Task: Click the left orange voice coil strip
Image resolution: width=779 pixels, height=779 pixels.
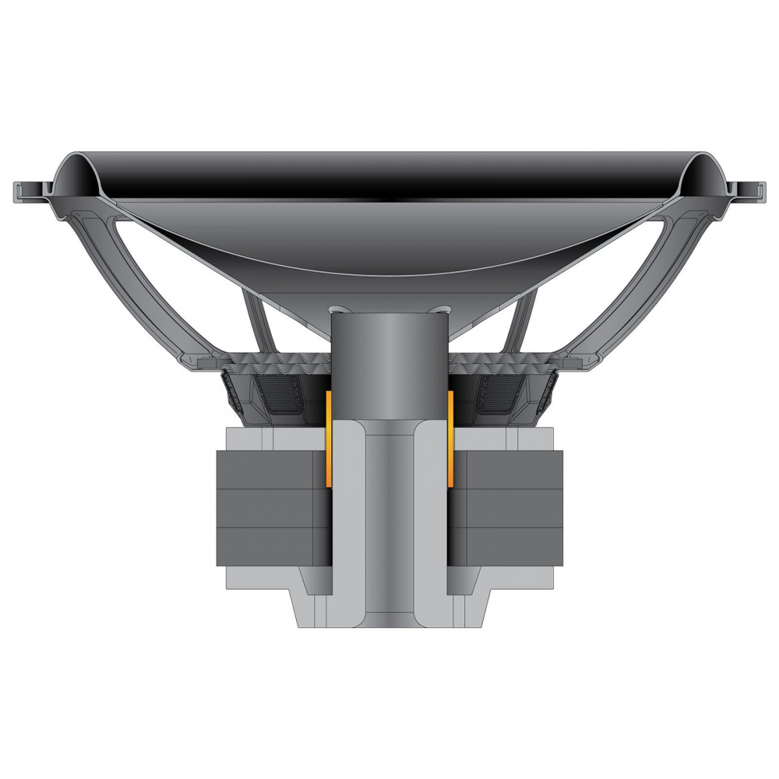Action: tap(328, 440)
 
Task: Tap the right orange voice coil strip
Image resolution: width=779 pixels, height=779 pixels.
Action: tap(451, 440)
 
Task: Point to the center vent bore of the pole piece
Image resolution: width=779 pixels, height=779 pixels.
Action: tap(389, 530)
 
